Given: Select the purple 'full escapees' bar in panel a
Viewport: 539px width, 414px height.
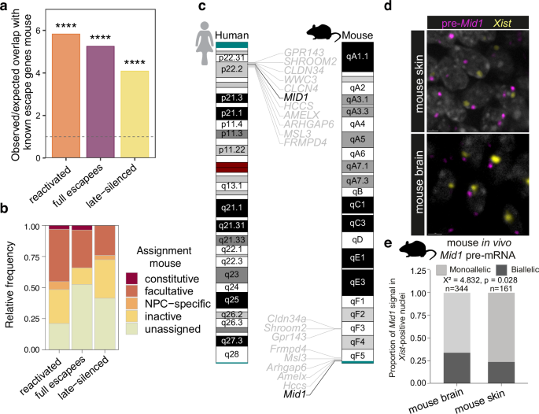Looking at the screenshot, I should click(99, 102).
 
